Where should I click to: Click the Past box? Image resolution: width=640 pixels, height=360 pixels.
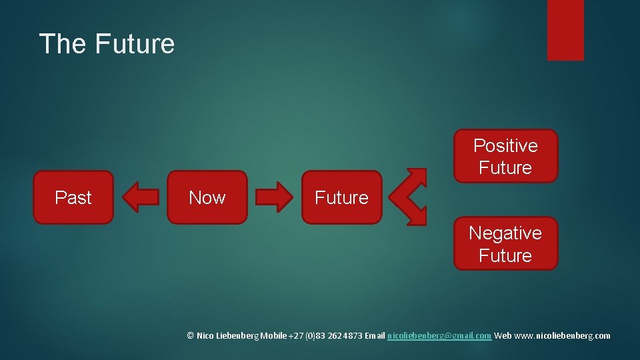click(73, 197)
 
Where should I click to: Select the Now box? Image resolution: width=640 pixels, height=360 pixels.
click(207, 197)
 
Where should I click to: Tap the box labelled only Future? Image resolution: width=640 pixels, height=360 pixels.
click(341, 197)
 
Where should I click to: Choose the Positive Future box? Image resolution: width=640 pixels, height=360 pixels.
click(505, 156)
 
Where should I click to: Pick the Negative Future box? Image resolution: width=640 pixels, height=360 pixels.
click(505, 243)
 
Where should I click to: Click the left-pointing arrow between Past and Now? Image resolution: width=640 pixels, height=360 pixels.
click(141, 197)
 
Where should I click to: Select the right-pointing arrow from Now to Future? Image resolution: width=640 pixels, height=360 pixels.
click(274, 197)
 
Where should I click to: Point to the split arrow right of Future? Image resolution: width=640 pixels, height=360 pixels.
click(408, 197)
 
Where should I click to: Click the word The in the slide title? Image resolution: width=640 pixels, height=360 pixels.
click(63, 44)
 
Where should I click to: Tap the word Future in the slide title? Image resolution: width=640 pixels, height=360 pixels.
click(135, 44)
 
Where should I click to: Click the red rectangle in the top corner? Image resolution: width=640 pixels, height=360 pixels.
click(565, 30)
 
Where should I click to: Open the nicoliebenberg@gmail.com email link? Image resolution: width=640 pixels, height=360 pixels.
click(439, 336)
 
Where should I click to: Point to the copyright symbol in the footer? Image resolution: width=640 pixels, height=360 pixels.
click(191, 336)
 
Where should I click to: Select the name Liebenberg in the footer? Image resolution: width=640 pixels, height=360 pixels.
click(237, 336)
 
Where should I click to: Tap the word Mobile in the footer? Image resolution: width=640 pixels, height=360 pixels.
click(274, 336)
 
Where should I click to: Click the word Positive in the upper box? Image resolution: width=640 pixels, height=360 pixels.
click(505, 145)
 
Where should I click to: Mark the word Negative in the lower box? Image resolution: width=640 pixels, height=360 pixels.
click(505, 233)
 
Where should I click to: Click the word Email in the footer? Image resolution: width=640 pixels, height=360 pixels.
click(373, 336)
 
